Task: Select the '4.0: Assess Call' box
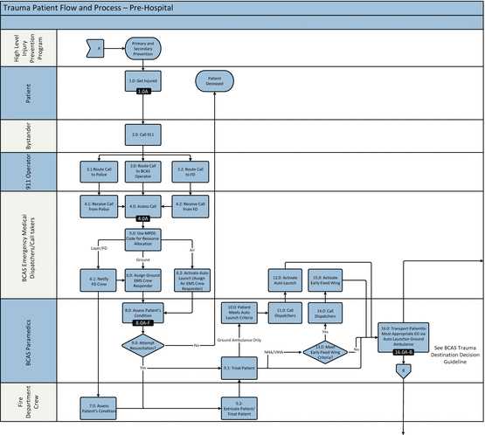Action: pyautogui.click(x=143, y=206)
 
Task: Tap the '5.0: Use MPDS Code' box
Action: pyautogui.click(x=143, y=238)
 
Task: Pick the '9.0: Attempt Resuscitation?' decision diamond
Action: pyautogui.click(x=143, y=345)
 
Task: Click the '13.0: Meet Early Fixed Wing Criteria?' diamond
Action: pyautogui.click(x=322, y=352)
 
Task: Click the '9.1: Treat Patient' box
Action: pyautogui.click(x=239, y=369)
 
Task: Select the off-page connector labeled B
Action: pyautogui.click(x=403, y=370)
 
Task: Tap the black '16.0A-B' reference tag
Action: pyautogui.click(x=403, y=352)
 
